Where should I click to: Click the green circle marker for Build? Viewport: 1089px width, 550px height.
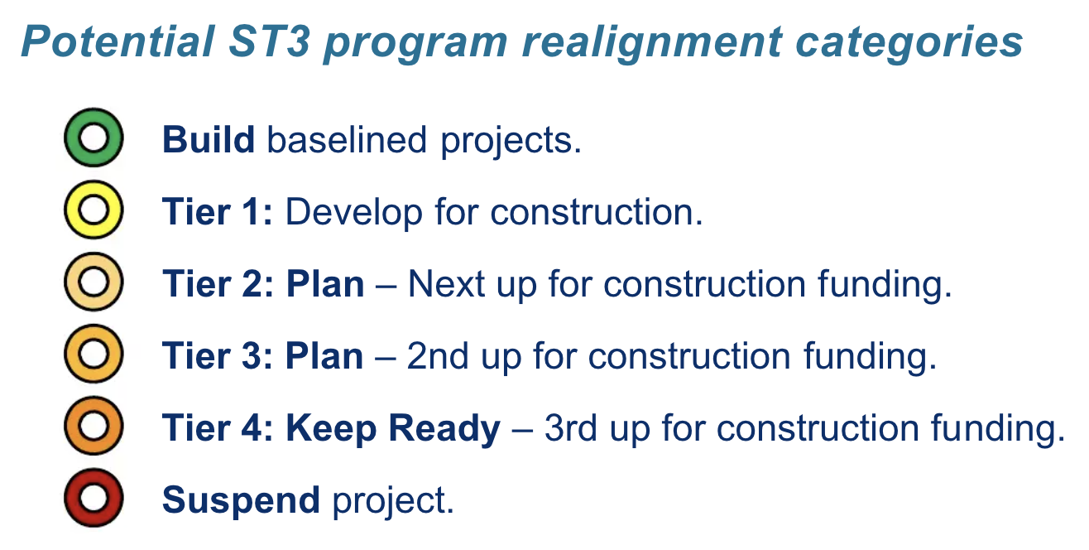coord(94,138)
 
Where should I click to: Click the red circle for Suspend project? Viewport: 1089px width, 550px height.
coord(94,499)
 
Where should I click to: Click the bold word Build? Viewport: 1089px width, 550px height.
coord(209,139)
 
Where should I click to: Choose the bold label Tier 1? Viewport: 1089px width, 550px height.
coord(217,212)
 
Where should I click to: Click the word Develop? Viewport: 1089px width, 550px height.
coord(353,214)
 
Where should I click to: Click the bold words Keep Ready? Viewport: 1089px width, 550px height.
coord(393,429)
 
